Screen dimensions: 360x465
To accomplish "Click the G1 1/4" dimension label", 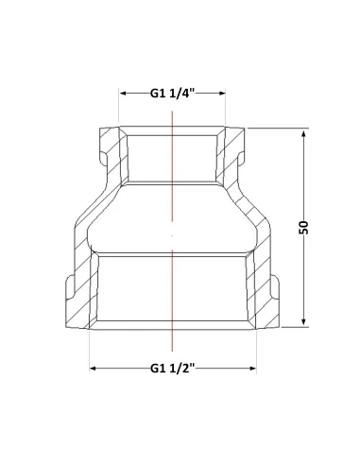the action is [x=173, y=94].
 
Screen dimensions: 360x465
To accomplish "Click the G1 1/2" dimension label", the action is [x=173, y=368].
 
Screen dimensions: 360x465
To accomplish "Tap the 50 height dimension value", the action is [x=303, y=228].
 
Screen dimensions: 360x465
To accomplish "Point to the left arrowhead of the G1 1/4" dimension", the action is [x=123, y=94].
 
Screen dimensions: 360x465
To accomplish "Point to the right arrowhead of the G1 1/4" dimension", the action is [x=222, y=93].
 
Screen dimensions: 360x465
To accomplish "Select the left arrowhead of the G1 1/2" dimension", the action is [x=93, y=369].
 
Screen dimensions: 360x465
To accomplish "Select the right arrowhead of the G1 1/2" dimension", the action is [x=252, y=369].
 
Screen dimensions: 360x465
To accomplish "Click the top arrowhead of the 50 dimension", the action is [x=303, y=134].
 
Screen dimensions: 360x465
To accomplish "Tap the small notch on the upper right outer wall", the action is [x=241, y=158].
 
